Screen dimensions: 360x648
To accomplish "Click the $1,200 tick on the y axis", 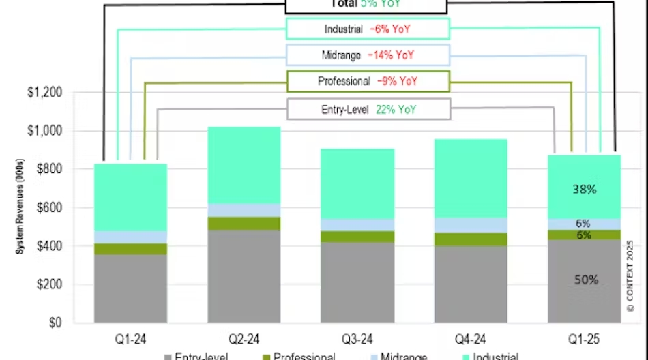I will [x=63, y=93].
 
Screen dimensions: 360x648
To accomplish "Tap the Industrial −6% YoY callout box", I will [x=368, y=29].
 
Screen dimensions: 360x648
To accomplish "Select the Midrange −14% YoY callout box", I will [x=368, y=55].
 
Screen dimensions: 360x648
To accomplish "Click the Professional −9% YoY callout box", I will [x=368, y=81].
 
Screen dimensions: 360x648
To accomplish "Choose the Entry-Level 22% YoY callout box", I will [x=368, y=108].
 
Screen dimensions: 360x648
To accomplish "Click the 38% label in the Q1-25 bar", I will [x=585, y=190].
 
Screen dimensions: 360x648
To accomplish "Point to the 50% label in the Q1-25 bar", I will [x=586, y=280].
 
